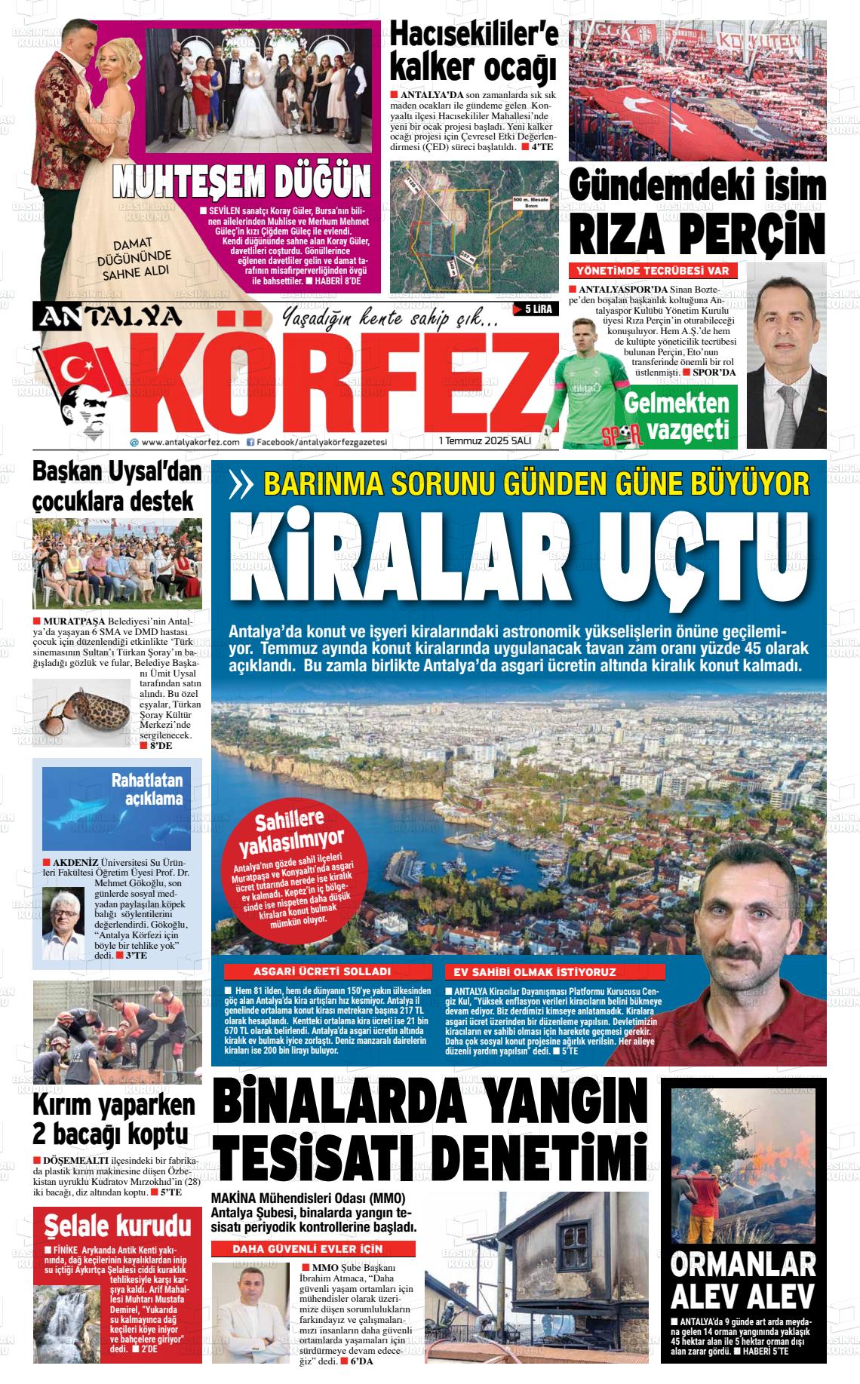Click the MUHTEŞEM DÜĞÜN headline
coord(242,182)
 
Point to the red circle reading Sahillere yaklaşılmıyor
coord(299,872)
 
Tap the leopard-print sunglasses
coord(83,709)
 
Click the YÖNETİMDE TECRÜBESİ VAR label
coord(652,271)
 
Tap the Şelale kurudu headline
coord(117,1225)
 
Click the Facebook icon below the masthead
coord(250,443)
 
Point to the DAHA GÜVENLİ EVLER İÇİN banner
coord(312,1250)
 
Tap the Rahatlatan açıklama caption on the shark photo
coord(148,789)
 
